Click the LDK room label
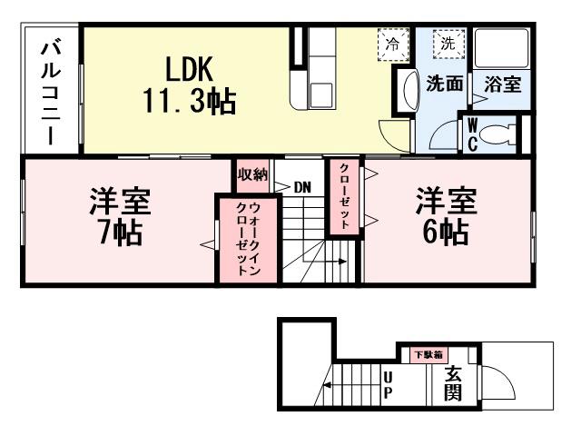coord(188,68)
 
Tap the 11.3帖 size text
coord(188,100)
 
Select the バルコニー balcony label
coord(50,91)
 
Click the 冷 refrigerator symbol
coord(393,43)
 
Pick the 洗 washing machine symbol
coord(448,43)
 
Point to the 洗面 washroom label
coord(445,84)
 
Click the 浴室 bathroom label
coord(502,84)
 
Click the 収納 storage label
coord(252,174)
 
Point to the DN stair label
coord(302,187)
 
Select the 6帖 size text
coord(445,233)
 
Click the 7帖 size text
coord(119,233)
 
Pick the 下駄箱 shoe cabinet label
coord(428,353)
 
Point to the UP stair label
coord(388,383)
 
